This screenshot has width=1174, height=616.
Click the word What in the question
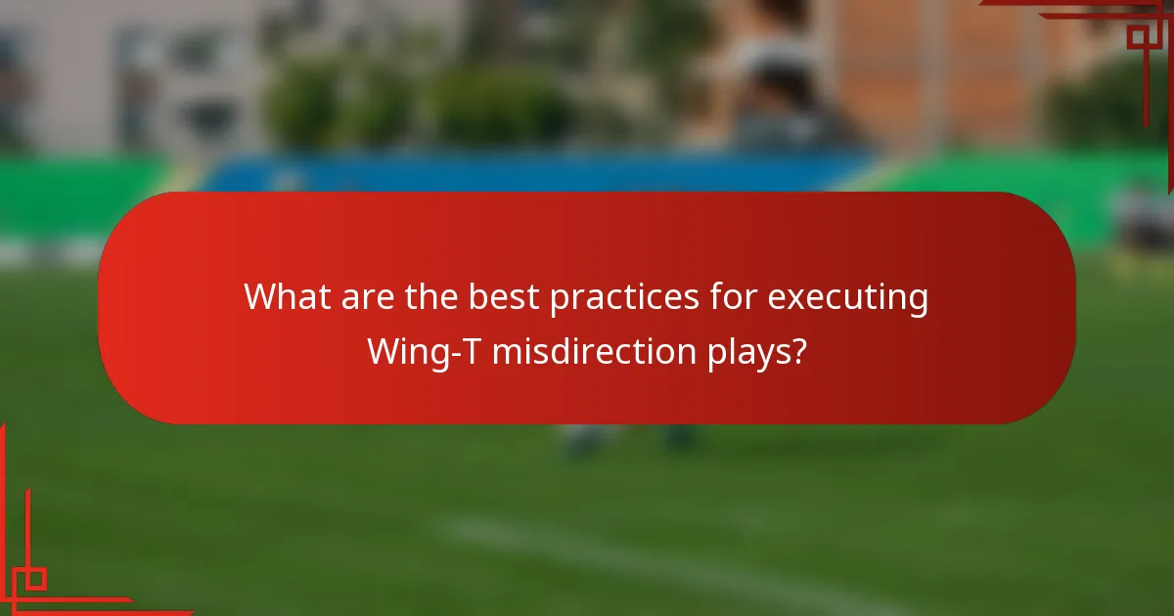point(287,296)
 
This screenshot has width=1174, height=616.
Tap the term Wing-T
point(423,350)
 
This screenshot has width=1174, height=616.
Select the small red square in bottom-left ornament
point(36,579)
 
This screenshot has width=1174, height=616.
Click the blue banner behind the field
point(538,171)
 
